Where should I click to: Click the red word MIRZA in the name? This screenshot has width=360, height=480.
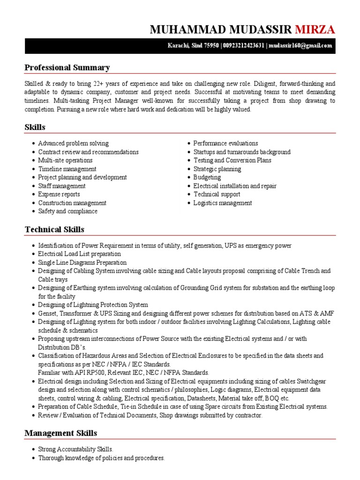click(x=315, y=30)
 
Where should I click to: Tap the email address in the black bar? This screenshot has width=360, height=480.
click(x=301, y=45)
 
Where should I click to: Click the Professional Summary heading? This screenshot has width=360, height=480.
click(x=67, y=67)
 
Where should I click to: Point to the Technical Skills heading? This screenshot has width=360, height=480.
click(x=54, y=229)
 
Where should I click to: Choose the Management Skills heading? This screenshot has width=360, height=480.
click(x=60, y=433)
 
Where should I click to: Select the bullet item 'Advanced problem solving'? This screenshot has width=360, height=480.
click(x=73, y=143)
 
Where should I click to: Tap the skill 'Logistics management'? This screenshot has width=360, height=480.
click(x=223, y=203)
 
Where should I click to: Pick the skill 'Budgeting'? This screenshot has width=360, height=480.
click(x=207, y=178)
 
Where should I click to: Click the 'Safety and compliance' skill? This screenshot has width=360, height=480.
click(x=68, y=211)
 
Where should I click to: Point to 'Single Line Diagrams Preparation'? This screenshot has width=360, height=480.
click(x=82, y=262)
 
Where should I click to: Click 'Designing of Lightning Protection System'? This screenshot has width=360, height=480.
click(x=93, y=305)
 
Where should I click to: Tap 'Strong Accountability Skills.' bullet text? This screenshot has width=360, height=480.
click(x=75, y=449)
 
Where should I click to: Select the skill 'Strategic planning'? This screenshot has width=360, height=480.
click(x=217, y=169)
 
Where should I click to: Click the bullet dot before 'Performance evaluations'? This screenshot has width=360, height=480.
click(x=188, y=143)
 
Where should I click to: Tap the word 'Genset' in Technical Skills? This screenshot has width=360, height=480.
click(x=47, y=313)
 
